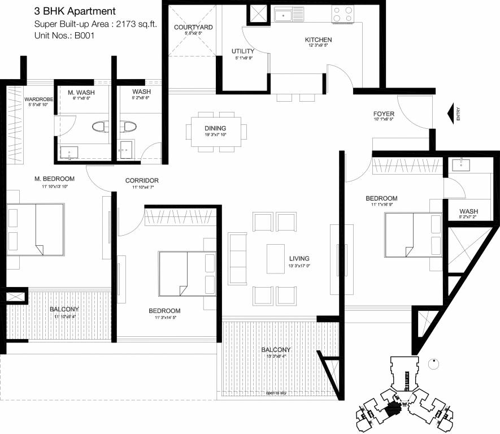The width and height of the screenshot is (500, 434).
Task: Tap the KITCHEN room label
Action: pos(318,40)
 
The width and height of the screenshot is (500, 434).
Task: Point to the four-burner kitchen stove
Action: pos(344,14)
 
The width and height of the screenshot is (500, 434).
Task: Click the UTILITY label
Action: pos(243,51)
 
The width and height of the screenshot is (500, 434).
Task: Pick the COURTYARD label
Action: pos(193,27)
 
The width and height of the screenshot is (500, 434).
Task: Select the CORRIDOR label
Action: pos(142,181)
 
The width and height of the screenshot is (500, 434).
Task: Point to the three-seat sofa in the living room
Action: pos(237,258)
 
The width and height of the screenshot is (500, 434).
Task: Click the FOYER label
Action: pos(384,112)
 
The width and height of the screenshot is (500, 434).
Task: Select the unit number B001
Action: pos(83,36)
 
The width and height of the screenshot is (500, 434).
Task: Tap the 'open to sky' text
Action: pos(277,393)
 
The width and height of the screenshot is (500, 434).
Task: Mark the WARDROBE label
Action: pos(38,99)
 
